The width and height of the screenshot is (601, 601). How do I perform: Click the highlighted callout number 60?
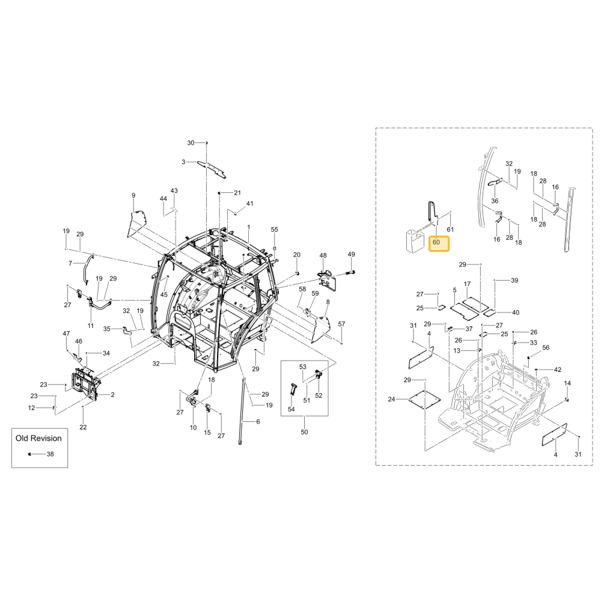coord(436,242)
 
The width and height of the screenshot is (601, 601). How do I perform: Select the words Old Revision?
coord(38,438)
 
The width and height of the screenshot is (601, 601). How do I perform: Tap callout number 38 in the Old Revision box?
coord(50,454)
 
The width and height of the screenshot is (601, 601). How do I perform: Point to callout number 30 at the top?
coord(191,142)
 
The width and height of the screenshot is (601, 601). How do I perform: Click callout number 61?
coord(450,229)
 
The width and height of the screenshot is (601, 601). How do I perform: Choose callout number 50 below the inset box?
coord(304,432)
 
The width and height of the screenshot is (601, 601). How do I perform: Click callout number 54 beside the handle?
coord(291,409)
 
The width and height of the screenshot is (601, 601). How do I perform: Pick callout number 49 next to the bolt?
coord(351,254)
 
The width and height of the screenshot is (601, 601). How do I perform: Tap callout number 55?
coord(275,230)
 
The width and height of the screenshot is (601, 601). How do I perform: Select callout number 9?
coord(133,195)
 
